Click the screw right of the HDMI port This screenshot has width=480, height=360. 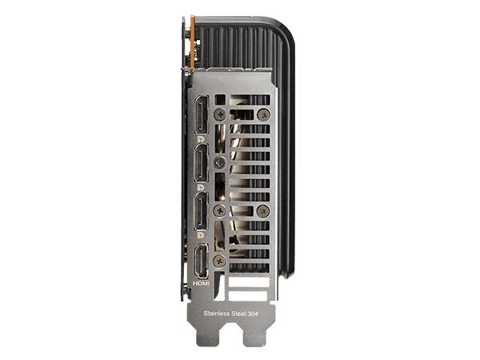(221, 259)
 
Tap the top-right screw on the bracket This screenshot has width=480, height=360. (265, 114)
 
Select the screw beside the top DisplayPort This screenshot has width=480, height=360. (221, 114)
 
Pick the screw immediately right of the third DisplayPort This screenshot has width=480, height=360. (221, 210)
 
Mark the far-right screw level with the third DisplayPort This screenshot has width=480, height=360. (265, 210)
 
